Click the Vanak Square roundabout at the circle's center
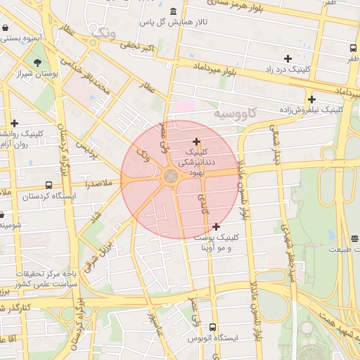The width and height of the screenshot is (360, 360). pyautogui.click(x=171, y=178)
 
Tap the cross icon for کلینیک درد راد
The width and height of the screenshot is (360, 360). pyautogui.click(x=288, y=58)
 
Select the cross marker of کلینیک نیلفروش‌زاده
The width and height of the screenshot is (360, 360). pyautogui.click(x=311, y=99)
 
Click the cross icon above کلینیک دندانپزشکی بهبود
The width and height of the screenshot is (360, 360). pyautogui.click(x=196, y=141)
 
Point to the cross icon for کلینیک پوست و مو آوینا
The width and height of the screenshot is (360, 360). pyautogui.click(x=216, y=226)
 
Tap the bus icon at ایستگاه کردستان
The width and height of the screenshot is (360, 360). pyautogui.click(x=49, y=186)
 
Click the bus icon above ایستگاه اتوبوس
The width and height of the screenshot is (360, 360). pyautogui.click(x=213, y=328)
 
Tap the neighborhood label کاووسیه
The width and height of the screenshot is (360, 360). pyautogui.click(x=236, y=112)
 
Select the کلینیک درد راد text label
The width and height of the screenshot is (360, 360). pyautogui.click(x=287, y=70)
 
